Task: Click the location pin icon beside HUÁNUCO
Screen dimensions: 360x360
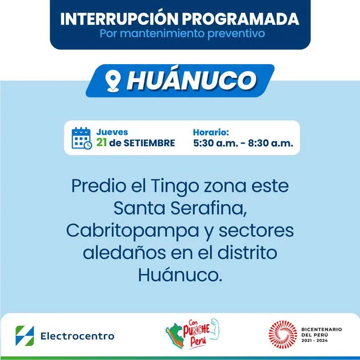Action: point(114,81)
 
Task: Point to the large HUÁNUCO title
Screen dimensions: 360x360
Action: point(191,81)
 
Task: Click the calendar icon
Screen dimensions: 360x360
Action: point(82,138)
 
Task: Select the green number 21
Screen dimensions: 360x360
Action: point(102,142)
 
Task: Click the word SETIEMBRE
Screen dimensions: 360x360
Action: point(148,143)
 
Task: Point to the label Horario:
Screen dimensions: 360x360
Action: point(210,132)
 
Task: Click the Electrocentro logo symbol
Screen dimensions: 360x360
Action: point(25,335)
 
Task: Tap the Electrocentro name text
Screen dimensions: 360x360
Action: point(76,336)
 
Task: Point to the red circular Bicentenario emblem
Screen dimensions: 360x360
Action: point(282,335)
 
